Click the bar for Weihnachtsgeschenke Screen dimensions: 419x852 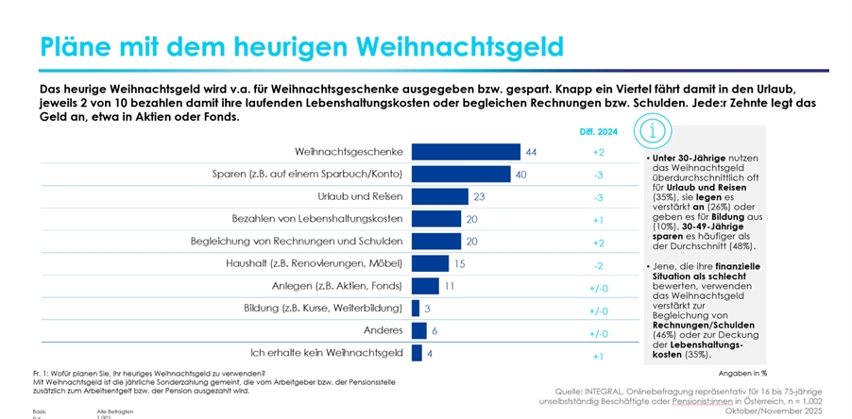click(466, 152)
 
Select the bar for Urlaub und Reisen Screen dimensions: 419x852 click(440, 196)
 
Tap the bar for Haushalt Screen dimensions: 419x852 click(430, 263)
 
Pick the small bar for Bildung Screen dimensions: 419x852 click(416, 308)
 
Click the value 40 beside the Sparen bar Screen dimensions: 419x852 click(519, 175)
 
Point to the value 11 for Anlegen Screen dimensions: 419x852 click(450, 286)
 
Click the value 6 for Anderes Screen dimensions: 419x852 click(435, 330)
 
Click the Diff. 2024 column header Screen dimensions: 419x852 click(598, 132)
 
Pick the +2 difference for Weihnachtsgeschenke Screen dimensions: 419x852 click(598, 152)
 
